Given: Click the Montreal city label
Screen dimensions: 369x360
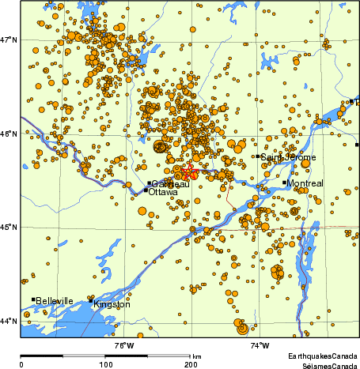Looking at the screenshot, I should coord(307,183).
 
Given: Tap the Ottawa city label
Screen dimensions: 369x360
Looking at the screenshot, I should coord(163,192).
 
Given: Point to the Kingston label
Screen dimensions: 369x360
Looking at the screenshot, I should coord(112,304).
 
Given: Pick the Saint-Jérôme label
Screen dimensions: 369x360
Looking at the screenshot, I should coord(289,157).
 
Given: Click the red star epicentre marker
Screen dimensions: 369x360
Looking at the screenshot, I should coord(188,173).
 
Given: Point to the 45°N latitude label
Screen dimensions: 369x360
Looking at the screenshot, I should coord(9,228).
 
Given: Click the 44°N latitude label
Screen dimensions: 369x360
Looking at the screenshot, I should coord(9,321).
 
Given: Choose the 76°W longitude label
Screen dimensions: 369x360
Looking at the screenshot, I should coord(123,345).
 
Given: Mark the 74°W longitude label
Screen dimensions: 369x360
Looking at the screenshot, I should coord(259,345).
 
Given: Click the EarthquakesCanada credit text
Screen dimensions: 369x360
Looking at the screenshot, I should coord(322,357).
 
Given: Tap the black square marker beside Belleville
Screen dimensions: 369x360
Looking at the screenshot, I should coord(33,299).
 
